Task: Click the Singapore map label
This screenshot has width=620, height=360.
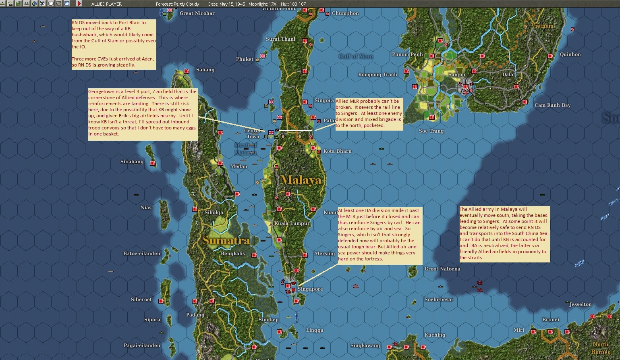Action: click(310, 289)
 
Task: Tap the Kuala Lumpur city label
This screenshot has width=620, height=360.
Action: click(292, 223)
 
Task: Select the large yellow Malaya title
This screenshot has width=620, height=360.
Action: click(301, 180)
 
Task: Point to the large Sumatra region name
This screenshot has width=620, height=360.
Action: click(226, 241)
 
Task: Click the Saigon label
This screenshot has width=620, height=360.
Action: click(456, 75)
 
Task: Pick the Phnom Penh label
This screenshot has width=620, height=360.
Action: click(407, 54)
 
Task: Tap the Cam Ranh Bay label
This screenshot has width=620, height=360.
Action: click(552, 105)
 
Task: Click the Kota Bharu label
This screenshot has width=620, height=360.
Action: click(337, 151)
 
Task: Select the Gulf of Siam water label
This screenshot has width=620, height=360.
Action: click(356, 56)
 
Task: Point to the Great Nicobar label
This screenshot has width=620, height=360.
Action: click(197, 13)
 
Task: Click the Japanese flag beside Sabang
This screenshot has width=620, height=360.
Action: click(187, 71)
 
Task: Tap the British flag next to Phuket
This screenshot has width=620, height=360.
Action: click(263, 56)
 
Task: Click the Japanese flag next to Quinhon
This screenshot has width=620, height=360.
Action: click(553, 55)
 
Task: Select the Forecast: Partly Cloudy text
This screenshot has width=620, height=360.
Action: click(177, 4)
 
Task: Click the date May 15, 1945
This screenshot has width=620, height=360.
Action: click(232, 4)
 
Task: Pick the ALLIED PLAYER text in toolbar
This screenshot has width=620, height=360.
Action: click(106, 4)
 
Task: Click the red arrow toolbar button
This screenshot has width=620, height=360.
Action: click(79, 4)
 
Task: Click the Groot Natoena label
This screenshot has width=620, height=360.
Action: click(442, 269)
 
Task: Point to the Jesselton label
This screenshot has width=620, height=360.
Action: click(581, 304)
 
